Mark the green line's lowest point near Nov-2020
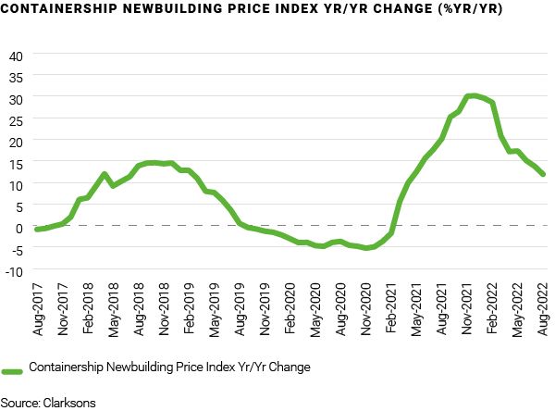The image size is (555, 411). [366, 248]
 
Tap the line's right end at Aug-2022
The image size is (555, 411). [543, 174]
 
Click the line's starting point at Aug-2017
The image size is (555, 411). [37, 229]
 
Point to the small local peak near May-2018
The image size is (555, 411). [104, 174]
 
